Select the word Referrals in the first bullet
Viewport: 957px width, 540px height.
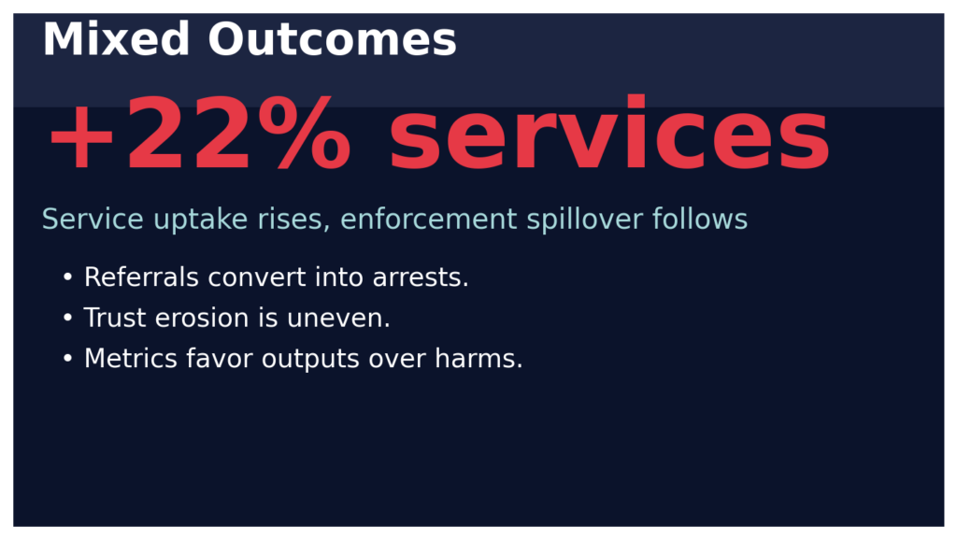tap(142, 277)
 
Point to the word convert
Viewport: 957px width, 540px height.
tap(257, 277)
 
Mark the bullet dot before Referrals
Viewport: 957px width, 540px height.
tap(67, 278)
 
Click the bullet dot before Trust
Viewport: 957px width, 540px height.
tap(67, 320)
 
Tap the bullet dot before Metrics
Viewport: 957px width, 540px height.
tap(67, 360)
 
